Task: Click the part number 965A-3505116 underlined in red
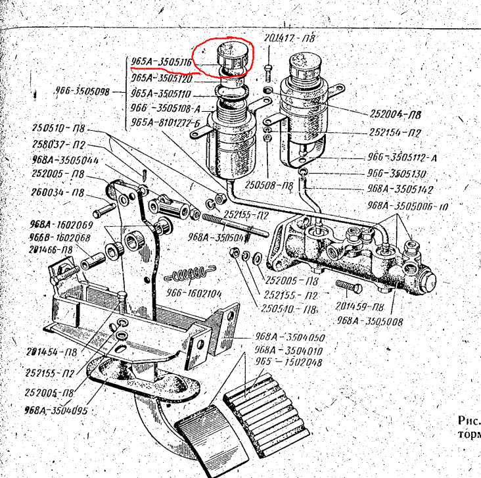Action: coord(161,62)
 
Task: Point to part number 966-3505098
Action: coord(81,92)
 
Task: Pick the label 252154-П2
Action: coord(394,132)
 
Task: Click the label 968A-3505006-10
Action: coord(407,206)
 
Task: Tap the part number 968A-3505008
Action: coord(370,322)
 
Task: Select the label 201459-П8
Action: coord(359,306)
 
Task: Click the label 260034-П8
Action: coord(58,193)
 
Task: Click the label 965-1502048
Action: coord(288,362)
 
